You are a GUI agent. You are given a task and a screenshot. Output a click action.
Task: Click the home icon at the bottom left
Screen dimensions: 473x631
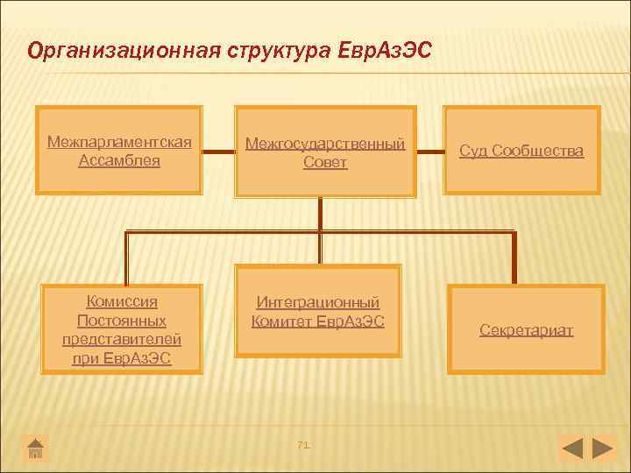pos(36,448)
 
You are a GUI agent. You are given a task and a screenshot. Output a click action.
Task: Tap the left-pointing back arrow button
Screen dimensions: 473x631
pos(571,448)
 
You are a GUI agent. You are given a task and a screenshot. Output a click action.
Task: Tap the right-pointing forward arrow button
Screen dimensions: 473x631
pos(603,448)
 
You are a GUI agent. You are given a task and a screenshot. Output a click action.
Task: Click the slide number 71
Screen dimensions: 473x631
pos(304,445)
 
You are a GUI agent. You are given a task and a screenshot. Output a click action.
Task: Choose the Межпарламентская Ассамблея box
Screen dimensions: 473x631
pos(119,150)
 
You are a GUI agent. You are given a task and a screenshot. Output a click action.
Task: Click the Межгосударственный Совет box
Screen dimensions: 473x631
pos(325,152)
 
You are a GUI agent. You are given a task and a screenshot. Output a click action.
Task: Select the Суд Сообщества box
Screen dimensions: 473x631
pos(521,150)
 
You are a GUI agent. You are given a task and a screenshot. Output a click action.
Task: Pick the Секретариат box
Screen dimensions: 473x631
pos(526,330)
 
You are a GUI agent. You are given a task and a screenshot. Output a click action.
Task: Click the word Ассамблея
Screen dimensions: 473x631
pos(119,160)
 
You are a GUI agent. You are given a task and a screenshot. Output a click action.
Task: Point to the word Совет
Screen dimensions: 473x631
pos(325,163)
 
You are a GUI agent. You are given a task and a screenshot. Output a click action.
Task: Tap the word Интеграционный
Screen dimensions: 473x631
pos(317,302)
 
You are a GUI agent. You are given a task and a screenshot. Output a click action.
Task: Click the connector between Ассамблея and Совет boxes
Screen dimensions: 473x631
pos(219,150)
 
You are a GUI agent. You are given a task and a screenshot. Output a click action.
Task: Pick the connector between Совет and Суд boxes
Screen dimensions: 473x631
pos(429,150)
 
